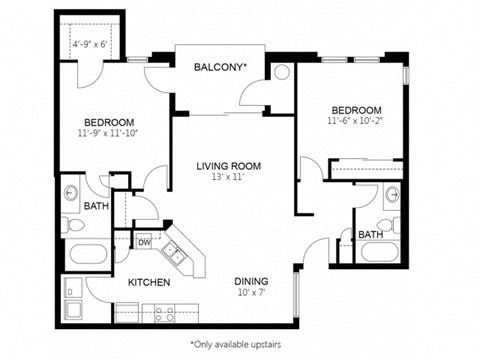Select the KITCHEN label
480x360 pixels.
(x=148, y=283)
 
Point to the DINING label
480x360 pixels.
(x=250, y=282)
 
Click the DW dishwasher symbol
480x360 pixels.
(x=144, y=242)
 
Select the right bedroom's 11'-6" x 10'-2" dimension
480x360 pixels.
(x=356, y=122)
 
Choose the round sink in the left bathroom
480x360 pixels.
(x=72, y=190)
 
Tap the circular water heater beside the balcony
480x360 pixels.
(x=281, y=72)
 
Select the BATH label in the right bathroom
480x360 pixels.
(x=370, y=235)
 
